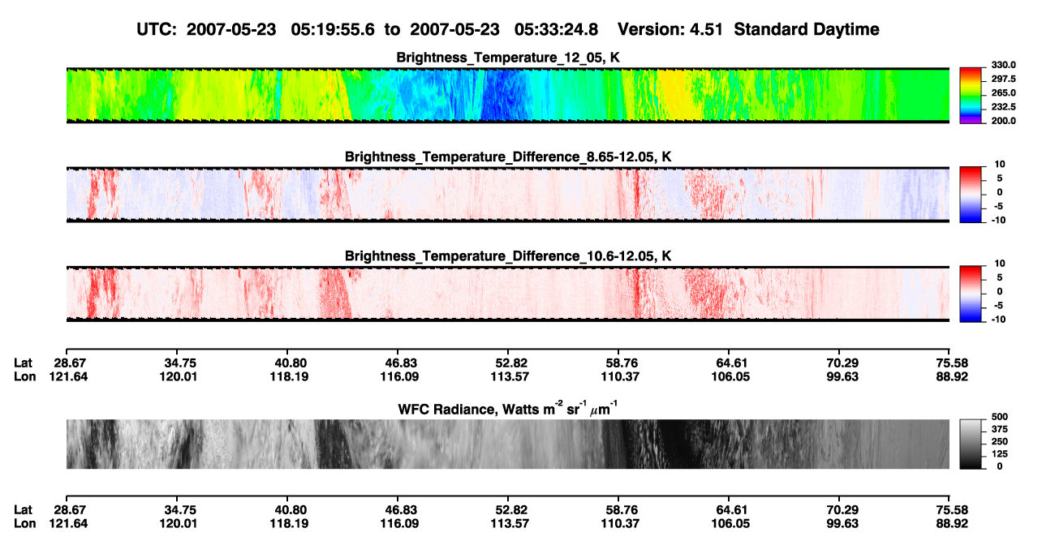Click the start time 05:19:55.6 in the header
333,30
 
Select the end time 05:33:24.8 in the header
556,30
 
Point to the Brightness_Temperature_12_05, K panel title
508,58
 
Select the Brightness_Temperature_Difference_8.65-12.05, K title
508,157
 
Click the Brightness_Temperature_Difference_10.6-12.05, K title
508,256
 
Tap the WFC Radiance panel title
508,409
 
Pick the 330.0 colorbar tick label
1003,65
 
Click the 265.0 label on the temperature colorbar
1003,92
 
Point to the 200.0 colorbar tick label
1003,121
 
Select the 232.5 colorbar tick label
1003,107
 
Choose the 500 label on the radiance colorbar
1000,417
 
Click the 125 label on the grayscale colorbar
1000,454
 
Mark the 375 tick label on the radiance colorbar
1000,429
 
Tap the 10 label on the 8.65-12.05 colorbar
1000,165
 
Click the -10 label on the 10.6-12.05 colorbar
998,320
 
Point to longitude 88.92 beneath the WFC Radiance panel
952,524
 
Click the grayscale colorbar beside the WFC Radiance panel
971,444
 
